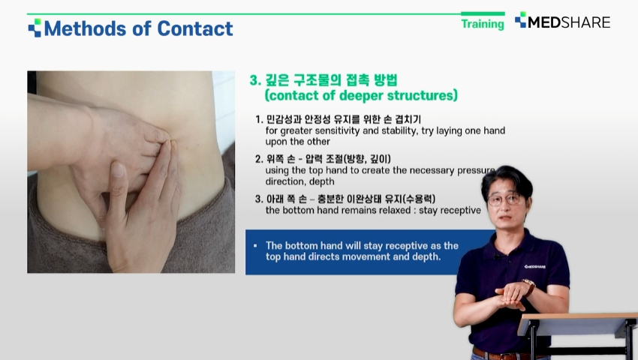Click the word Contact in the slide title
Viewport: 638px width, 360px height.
click(195, 28)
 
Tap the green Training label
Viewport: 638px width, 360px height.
click(483, 24)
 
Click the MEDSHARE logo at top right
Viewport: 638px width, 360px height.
click(562, 21)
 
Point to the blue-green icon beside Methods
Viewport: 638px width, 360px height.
click(35, 28)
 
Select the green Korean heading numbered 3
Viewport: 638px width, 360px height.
click(324, 79)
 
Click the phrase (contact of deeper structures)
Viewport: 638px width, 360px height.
click(361, 95)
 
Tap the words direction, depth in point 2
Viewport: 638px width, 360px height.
click(300, 181)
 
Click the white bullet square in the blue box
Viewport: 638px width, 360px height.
click(255, 246)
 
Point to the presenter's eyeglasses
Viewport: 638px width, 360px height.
click(504, 199)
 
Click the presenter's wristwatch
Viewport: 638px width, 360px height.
click(529, 286)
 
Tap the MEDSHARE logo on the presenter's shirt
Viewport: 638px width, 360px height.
click(535, 267)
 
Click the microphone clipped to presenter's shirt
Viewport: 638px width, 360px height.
click(496, 257)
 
